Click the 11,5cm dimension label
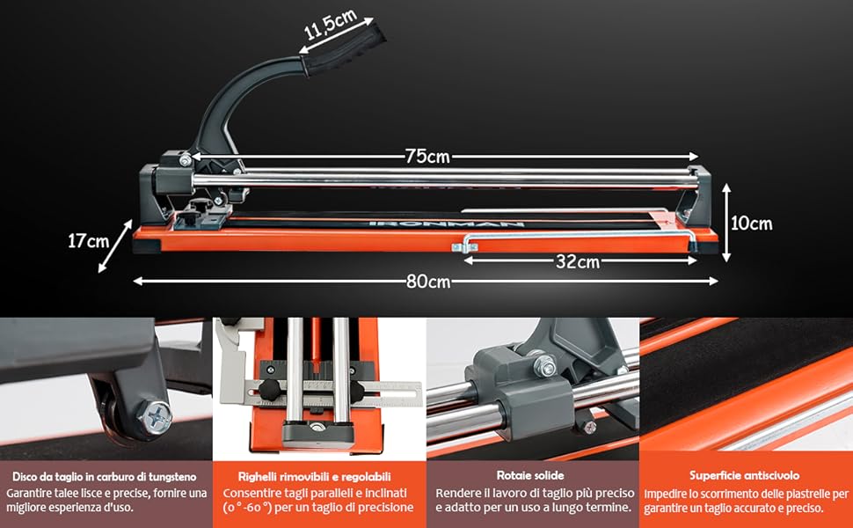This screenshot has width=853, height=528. click(331, 25)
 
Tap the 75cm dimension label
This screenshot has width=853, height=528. click(428, 157)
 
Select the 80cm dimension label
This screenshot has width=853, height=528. click(428, 281)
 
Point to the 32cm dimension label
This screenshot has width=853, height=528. click(578, 262)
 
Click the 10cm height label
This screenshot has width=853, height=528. click(751, 224)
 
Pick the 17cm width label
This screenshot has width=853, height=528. click(88, 240)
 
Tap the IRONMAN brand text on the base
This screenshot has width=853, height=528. click(446, 224)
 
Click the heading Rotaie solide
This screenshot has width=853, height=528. click(530, 475)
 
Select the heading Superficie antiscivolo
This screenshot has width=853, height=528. click(744, 475)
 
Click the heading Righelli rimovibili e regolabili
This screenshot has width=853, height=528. click(315, 477)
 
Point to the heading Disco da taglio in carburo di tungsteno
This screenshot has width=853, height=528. click(105, 477)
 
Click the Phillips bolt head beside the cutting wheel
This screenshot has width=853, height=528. click(156, 418)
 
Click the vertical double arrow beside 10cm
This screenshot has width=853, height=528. click(725, 223)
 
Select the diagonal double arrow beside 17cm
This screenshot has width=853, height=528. click(115, 246)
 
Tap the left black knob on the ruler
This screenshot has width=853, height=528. click(269, 390)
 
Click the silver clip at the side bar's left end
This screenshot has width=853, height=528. click(464, 247)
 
